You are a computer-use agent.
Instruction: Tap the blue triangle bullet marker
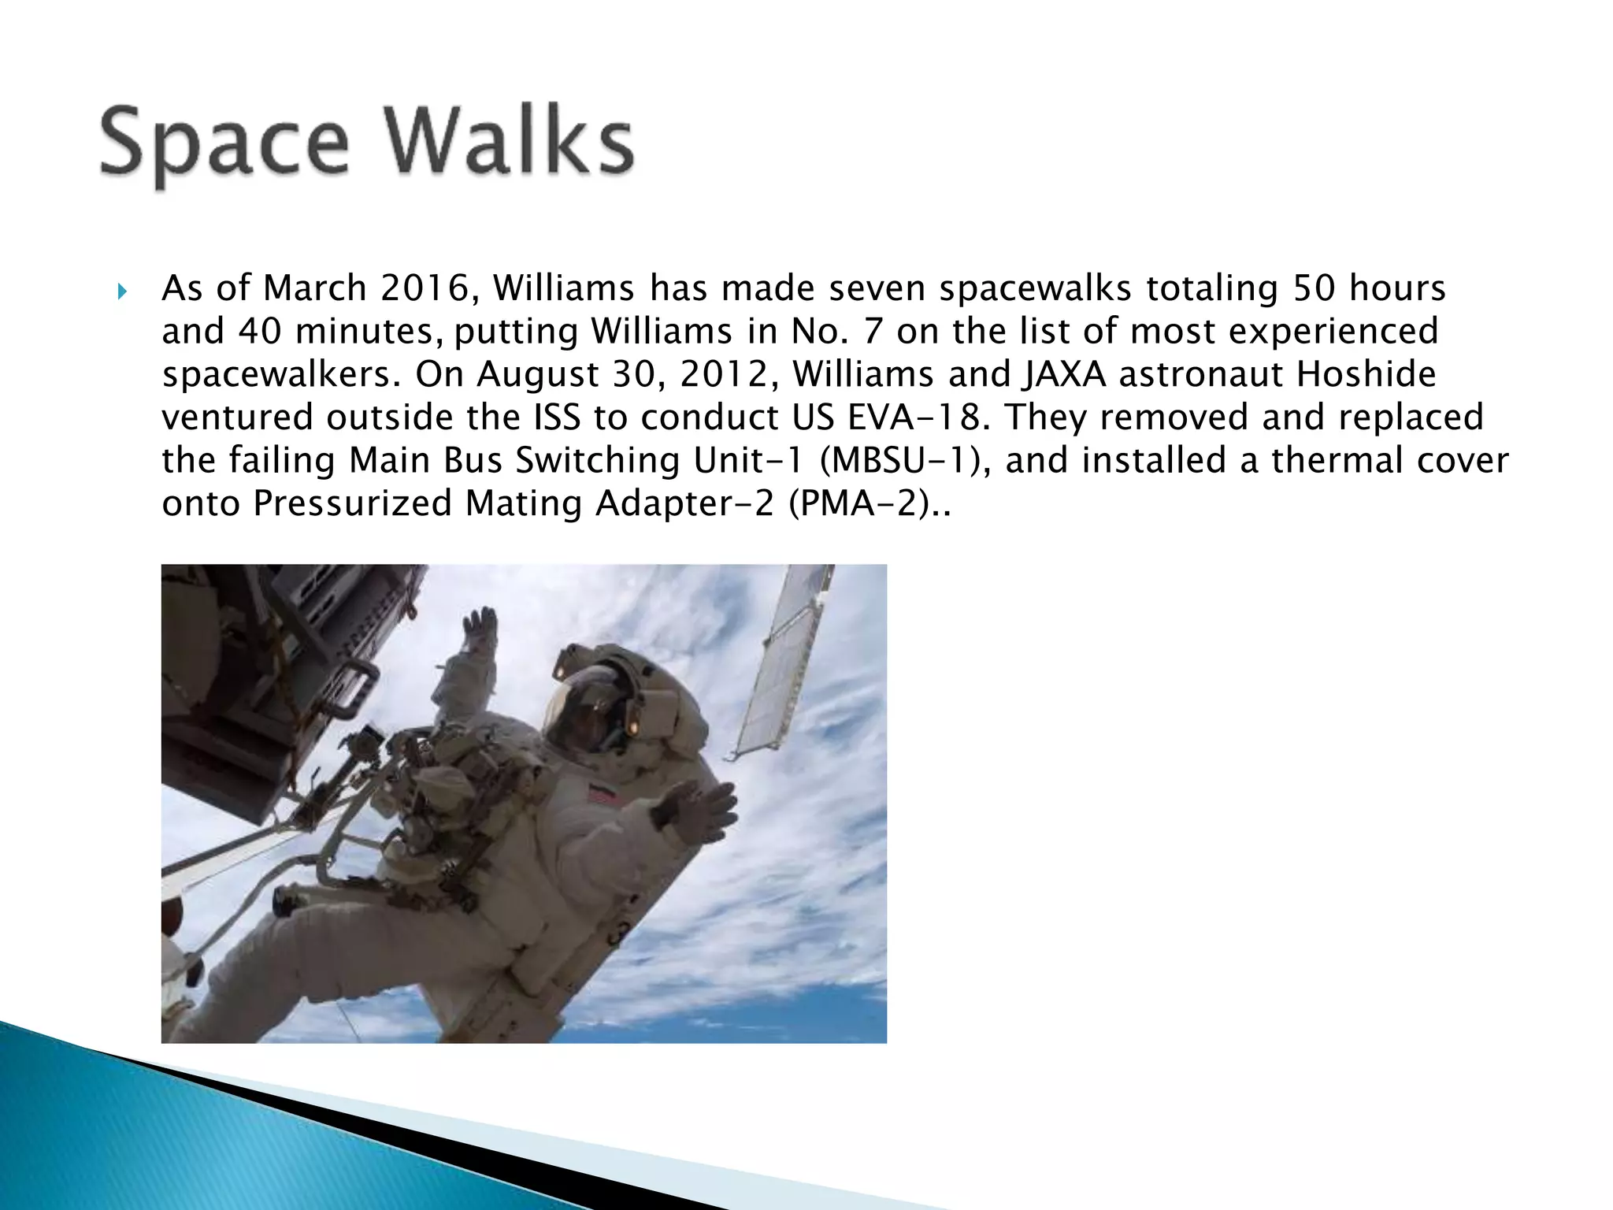[122, 293]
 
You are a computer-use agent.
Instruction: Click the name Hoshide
[1366, 374]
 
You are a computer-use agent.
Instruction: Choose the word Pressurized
[352, 504]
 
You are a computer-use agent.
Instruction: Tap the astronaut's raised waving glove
[480, 630]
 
